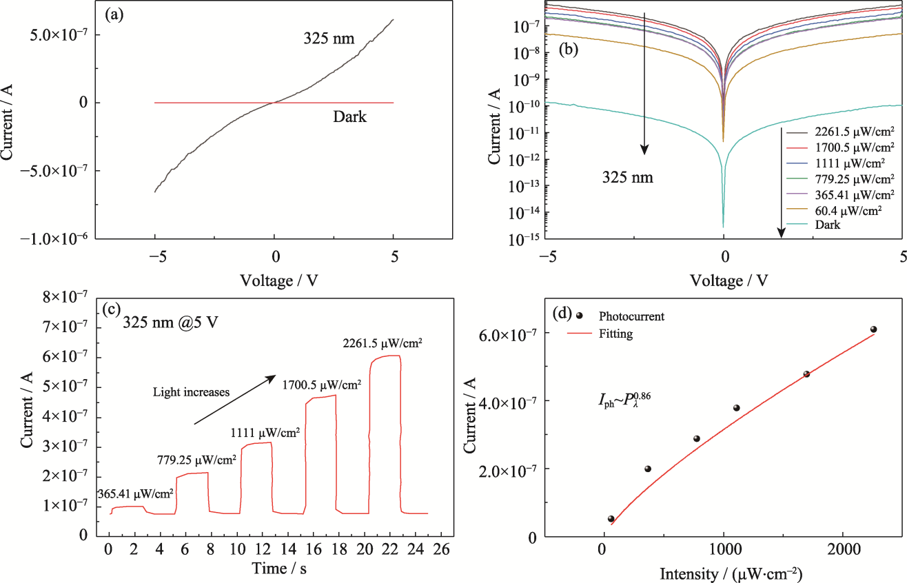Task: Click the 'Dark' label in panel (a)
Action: click(349, 117)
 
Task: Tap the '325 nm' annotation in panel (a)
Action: click(329, 39)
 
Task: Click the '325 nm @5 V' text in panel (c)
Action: click(171, 322)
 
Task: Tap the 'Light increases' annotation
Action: click(191, 391)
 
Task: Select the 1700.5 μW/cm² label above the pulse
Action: click(321, 385)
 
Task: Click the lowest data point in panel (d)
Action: click(611, 519)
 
